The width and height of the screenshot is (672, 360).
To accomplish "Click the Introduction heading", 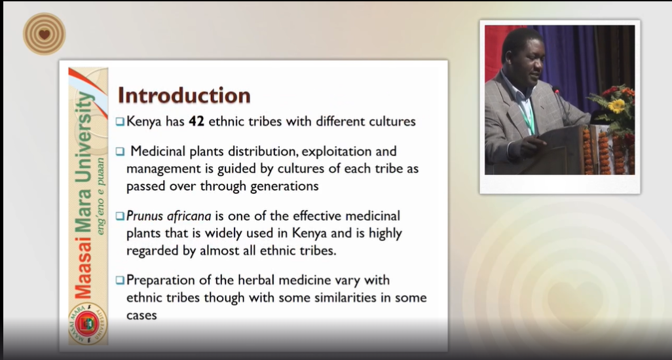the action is (x=184, y=95).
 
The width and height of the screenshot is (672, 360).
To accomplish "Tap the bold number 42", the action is (x=196, y=121).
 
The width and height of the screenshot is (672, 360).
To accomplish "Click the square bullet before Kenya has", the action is (x=120, y=122).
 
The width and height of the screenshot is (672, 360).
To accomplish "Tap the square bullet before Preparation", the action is (x=120, y=280).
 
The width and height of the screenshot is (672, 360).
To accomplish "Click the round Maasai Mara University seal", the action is (x=87, y=323).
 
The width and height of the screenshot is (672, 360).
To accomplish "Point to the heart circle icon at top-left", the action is (x=44, y=34).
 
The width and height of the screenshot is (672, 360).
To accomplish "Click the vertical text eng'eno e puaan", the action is (x=100, y=196).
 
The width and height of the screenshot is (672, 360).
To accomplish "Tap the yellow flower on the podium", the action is (x=617, y=105).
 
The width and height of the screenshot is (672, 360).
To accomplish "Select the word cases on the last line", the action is (x=141, y=315).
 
